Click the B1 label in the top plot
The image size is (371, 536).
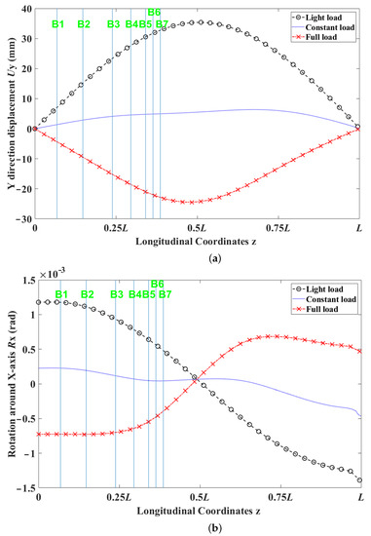click(57, 22)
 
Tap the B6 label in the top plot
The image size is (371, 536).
click(154, 13)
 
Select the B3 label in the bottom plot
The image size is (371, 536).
click(117, 294)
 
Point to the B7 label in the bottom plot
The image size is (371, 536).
click(165, 294)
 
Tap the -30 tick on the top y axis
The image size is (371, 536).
click(22, 219)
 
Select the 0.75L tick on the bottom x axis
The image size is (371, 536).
click(279, 498)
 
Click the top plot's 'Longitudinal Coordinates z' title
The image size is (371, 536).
click(197, 243)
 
